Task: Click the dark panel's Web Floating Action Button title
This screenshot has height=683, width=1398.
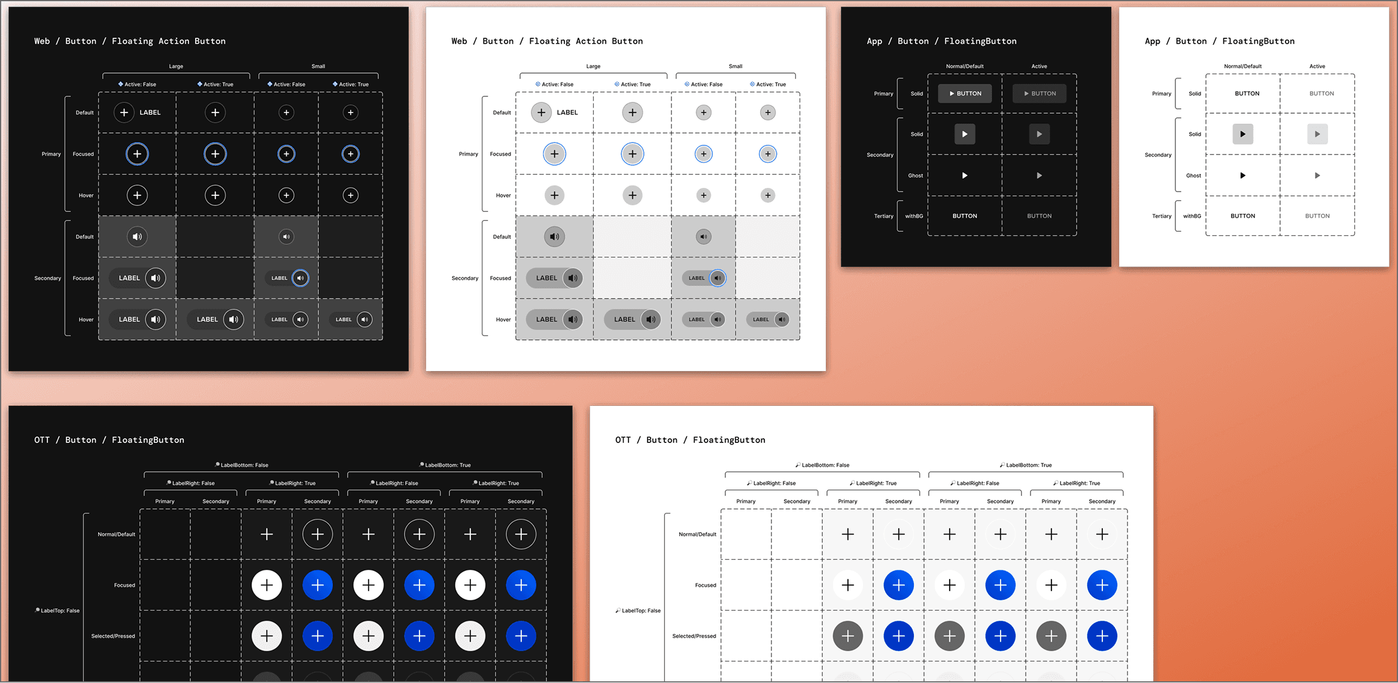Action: [x=130, y=41]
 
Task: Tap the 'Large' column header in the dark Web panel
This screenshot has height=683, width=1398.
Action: [x=176, y=66]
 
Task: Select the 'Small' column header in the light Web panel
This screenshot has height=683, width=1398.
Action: [x=736, y=66]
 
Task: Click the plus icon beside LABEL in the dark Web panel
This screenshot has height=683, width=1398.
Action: [x=124, y=113]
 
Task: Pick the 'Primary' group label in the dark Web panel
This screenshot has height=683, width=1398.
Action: [x=51, y=154]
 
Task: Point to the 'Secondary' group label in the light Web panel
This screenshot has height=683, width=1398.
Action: [x=464, y=278]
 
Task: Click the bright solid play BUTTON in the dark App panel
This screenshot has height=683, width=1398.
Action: [x=965, y=93]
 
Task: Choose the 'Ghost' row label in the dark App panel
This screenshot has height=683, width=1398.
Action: [x=915, y=176]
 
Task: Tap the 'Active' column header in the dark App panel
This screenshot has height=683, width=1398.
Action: [x=1039, y=66]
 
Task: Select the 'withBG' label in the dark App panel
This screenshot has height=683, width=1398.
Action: [x=914, y=216]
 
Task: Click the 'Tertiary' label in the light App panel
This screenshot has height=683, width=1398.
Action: [x=1162, y=216]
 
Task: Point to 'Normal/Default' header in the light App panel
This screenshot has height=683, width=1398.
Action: [x=1242, y=66]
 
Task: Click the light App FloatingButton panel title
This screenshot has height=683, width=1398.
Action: [x=1219, y=41]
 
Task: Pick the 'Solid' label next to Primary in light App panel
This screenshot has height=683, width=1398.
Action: [x=1195, y=94]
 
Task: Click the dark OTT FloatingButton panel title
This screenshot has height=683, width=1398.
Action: [x=109, y=440]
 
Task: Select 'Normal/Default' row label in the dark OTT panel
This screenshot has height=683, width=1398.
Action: [x=116, y=535]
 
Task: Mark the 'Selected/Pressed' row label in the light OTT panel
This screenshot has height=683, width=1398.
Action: [x=694, y=636]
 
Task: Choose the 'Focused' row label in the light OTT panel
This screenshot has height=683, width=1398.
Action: [x=706, y=585]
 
